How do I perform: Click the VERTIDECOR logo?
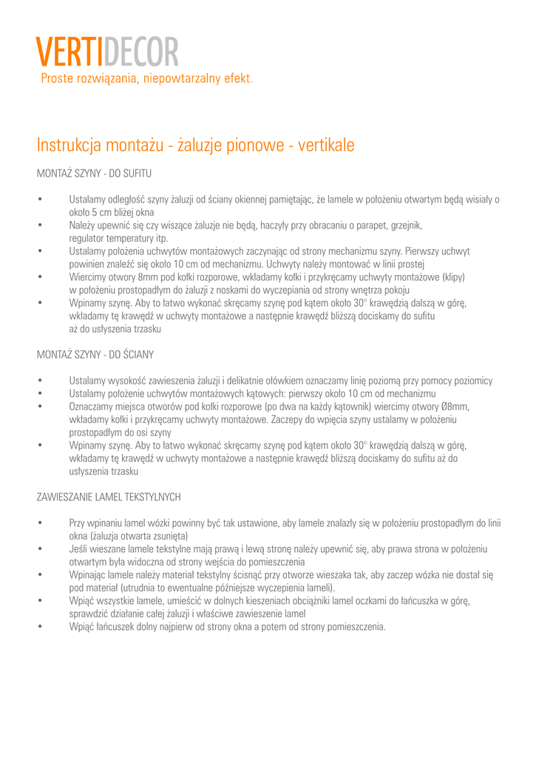pyautogui.click(x=107, y=52)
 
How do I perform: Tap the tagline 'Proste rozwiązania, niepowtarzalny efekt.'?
pyautogui.click(x=147, y=78)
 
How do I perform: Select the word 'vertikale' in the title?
pyautogui.click(x=326, y=146)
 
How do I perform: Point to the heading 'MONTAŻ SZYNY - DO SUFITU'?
pyautogui.click(x=94, y=174)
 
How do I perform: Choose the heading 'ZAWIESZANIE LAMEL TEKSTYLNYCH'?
pyautogui.click(x=109, y=497)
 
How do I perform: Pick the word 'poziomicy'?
pyautogui.click(x=471, y=381)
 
